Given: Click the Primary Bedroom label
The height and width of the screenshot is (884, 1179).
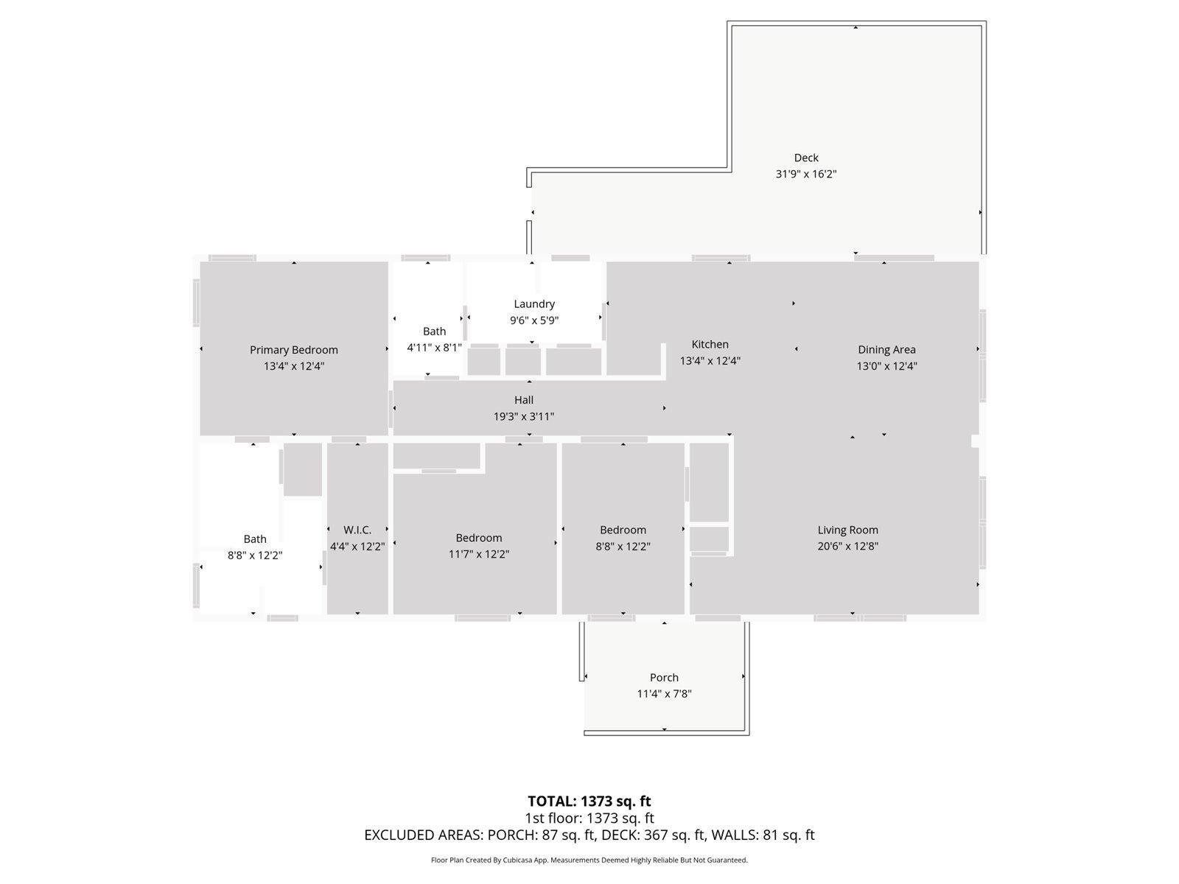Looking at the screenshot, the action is tap(294, 350).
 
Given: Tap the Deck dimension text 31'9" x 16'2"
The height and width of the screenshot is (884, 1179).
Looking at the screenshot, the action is tap(805, 174).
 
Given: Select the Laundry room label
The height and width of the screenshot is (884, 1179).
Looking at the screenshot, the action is tap(534, 304).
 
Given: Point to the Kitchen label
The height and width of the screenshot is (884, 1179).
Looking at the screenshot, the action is tap(710, 344).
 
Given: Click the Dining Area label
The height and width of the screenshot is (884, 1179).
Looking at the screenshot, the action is tap(886, 350).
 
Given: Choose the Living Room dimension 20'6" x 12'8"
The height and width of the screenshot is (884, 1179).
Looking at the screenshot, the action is tap(847, 547).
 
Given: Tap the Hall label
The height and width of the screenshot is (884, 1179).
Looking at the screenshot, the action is tap(524, 400).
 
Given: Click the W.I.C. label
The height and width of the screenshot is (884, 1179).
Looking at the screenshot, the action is tap(357, 530).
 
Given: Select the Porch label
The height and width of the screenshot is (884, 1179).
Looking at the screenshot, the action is tap(664, 677).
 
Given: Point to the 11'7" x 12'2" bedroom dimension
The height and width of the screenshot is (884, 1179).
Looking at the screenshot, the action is tap(478, 554).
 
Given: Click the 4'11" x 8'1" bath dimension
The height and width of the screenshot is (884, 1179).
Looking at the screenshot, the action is tap(434, 348).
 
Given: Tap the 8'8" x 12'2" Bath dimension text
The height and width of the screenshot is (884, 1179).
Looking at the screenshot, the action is tap(255, 555).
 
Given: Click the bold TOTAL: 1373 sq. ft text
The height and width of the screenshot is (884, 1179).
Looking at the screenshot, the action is tap(589, 801).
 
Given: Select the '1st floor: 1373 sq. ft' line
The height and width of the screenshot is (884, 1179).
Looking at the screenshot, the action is tap(589, 818).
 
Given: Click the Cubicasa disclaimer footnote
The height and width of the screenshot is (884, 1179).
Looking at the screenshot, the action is tap(589, 860).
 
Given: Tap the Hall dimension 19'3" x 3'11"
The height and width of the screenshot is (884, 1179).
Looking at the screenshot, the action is tap(524, 416).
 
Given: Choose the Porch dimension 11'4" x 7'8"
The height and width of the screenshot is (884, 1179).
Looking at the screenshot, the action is tap(664, 694).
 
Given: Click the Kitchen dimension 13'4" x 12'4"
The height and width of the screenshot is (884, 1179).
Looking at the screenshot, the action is tap(710, 361).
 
